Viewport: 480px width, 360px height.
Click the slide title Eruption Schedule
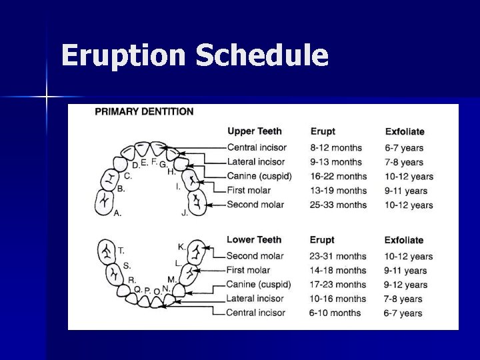tap(194, 55)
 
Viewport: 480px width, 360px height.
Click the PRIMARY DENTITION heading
tap(144, 112)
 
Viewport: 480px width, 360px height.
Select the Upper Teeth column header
tap(254, 131)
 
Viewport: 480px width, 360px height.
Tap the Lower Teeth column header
tap(254, 239)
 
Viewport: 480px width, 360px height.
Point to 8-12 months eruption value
tap(336, 147)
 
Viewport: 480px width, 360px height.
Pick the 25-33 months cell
tap(338, 205)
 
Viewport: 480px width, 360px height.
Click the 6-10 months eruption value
tap(335, 313)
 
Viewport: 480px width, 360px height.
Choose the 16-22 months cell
tap(338, 177)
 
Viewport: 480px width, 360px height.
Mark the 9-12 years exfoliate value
tap(406, 285)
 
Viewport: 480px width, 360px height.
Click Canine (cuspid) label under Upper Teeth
tap(260, 176)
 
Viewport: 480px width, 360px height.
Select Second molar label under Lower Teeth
tap(255, 256)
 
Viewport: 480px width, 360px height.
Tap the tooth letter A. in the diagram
tap(117, 213)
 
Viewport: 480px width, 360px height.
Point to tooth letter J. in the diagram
tap(185, 213)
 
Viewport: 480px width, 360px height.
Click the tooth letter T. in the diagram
tap(121, 251)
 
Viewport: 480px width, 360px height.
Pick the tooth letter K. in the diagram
tap(181, 247)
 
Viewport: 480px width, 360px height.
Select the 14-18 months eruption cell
tap(337, 271)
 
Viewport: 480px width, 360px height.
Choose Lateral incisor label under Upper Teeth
tap(255, 162)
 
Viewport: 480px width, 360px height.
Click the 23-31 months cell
tap(338, 256)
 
